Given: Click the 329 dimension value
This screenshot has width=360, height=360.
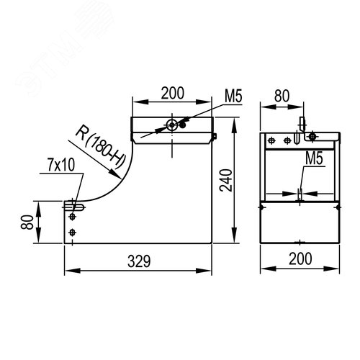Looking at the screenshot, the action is coord(139,261).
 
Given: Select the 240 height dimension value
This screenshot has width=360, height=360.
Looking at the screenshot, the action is coord(226,180).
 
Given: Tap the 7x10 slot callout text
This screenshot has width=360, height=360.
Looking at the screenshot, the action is coord(61,165).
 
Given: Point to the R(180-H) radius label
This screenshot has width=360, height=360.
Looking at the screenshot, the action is coord(101,146).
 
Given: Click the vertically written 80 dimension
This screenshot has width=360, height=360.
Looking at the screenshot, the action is coord(27,222).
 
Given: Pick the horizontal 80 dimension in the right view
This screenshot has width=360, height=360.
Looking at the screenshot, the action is coord(282,96).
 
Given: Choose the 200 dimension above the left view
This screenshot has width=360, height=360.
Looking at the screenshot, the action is coord(173,93).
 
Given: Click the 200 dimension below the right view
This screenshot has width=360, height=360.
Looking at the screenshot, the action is coord(300,258).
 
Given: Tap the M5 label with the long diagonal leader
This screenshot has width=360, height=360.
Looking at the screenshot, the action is coord(233,96).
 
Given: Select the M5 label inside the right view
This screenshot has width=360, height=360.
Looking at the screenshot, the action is coord(314,158).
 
